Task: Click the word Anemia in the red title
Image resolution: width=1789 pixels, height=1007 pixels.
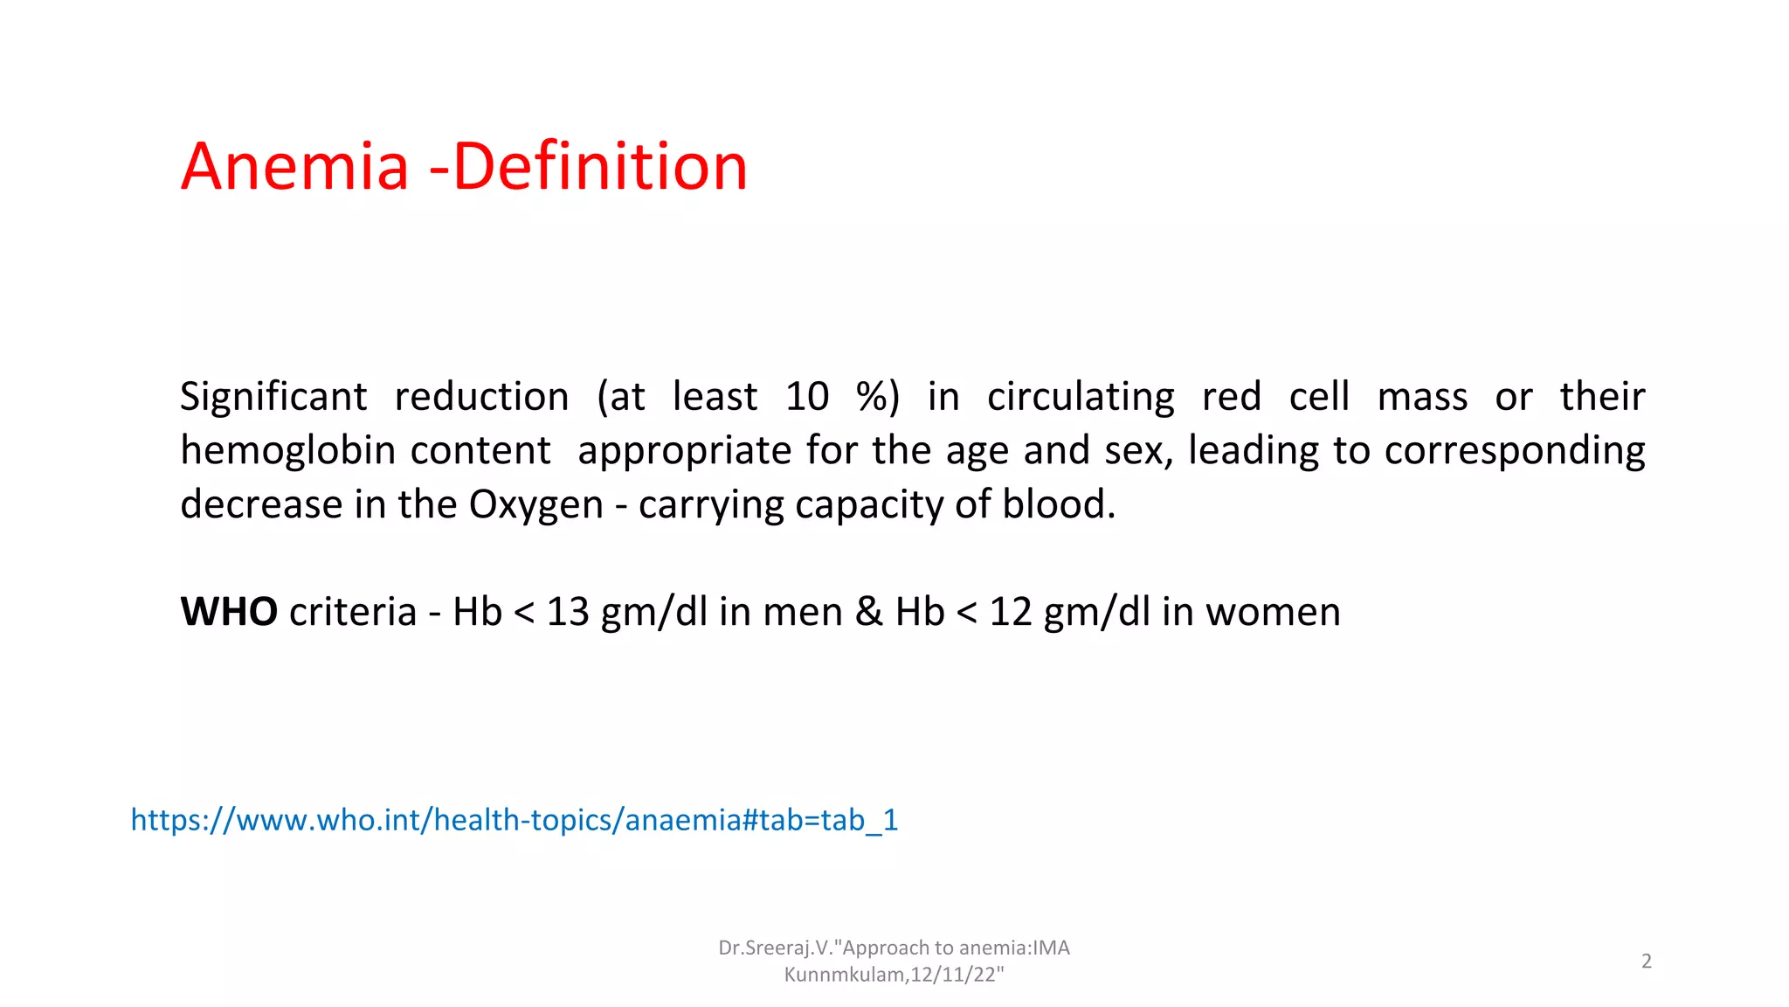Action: (295, 167)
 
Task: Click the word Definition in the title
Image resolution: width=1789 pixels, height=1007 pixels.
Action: (600, 167)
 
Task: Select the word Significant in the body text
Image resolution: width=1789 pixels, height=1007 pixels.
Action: (273, 397)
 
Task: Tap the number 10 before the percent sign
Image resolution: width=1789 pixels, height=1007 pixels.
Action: (806, 397)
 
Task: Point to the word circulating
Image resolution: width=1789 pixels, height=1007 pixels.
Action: (1081, 397)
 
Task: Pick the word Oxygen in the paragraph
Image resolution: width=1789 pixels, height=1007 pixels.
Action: (535, 505)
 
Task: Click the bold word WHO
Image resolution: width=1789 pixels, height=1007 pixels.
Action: (229, 612)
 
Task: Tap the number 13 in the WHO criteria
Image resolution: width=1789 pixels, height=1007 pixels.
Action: (568, 612)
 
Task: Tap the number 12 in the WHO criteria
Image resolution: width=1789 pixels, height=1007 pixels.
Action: (1011, 612)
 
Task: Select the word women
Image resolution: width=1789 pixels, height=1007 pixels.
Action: (1273, 612)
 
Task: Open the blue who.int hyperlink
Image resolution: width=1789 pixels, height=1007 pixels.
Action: (514, 820)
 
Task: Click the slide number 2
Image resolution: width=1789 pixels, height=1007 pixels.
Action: (1646, 962)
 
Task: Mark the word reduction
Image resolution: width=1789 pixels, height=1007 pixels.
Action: (481, 397)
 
